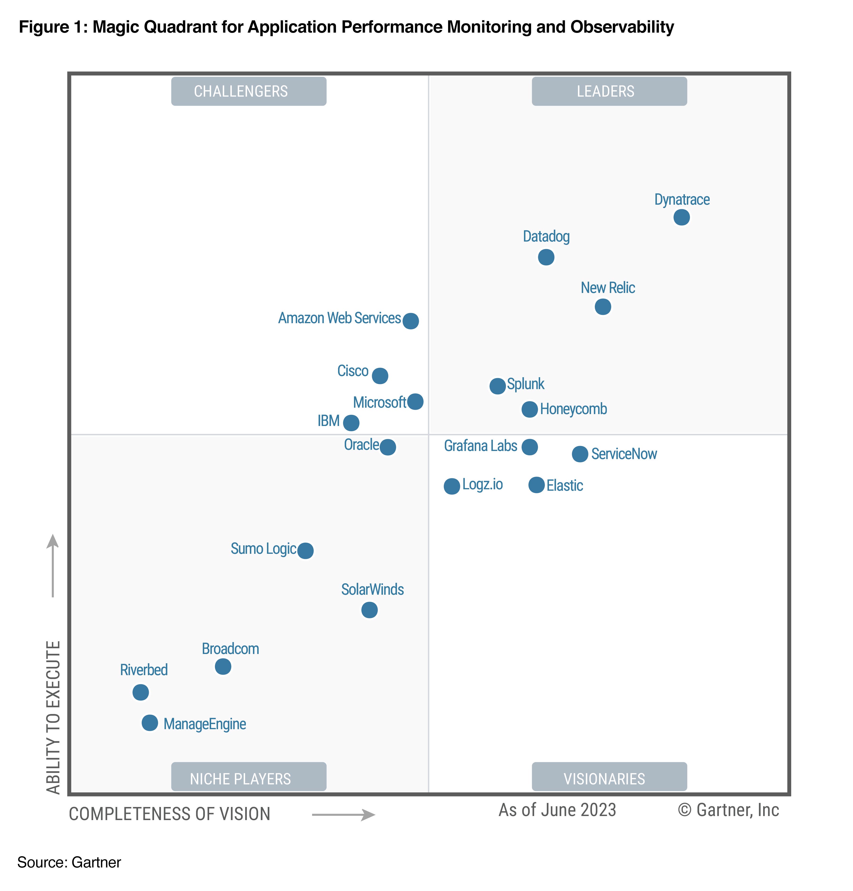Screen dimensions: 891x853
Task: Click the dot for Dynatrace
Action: [681, 217]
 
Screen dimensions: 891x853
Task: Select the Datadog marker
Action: [546, 257]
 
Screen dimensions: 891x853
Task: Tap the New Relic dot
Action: [602, 307]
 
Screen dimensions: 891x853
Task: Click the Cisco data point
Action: [380, 376]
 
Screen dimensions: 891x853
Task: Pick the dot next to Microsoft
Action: [415, 401]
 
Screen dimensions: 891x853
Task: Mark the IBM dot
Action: [351, 423]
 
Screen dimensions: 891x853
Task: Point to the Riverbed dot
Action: [140, 692]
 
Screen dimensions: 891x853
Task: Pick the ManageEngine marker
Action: [150, 723]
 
